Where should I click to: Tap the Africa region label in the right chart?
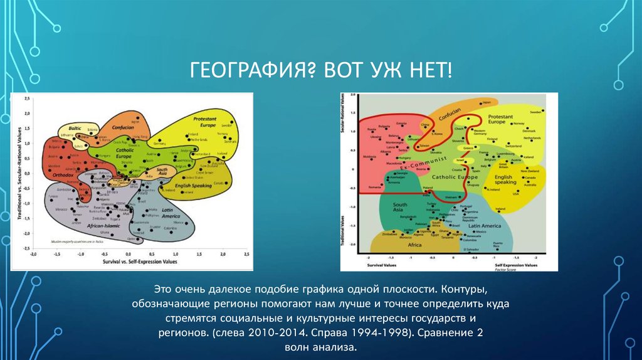point(414,245)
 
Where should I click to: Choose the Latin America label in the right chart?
point(483,225)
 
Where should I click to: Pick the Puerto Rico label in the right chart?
point(497,245)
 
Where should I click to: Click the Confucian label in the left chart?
point(123,127)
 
